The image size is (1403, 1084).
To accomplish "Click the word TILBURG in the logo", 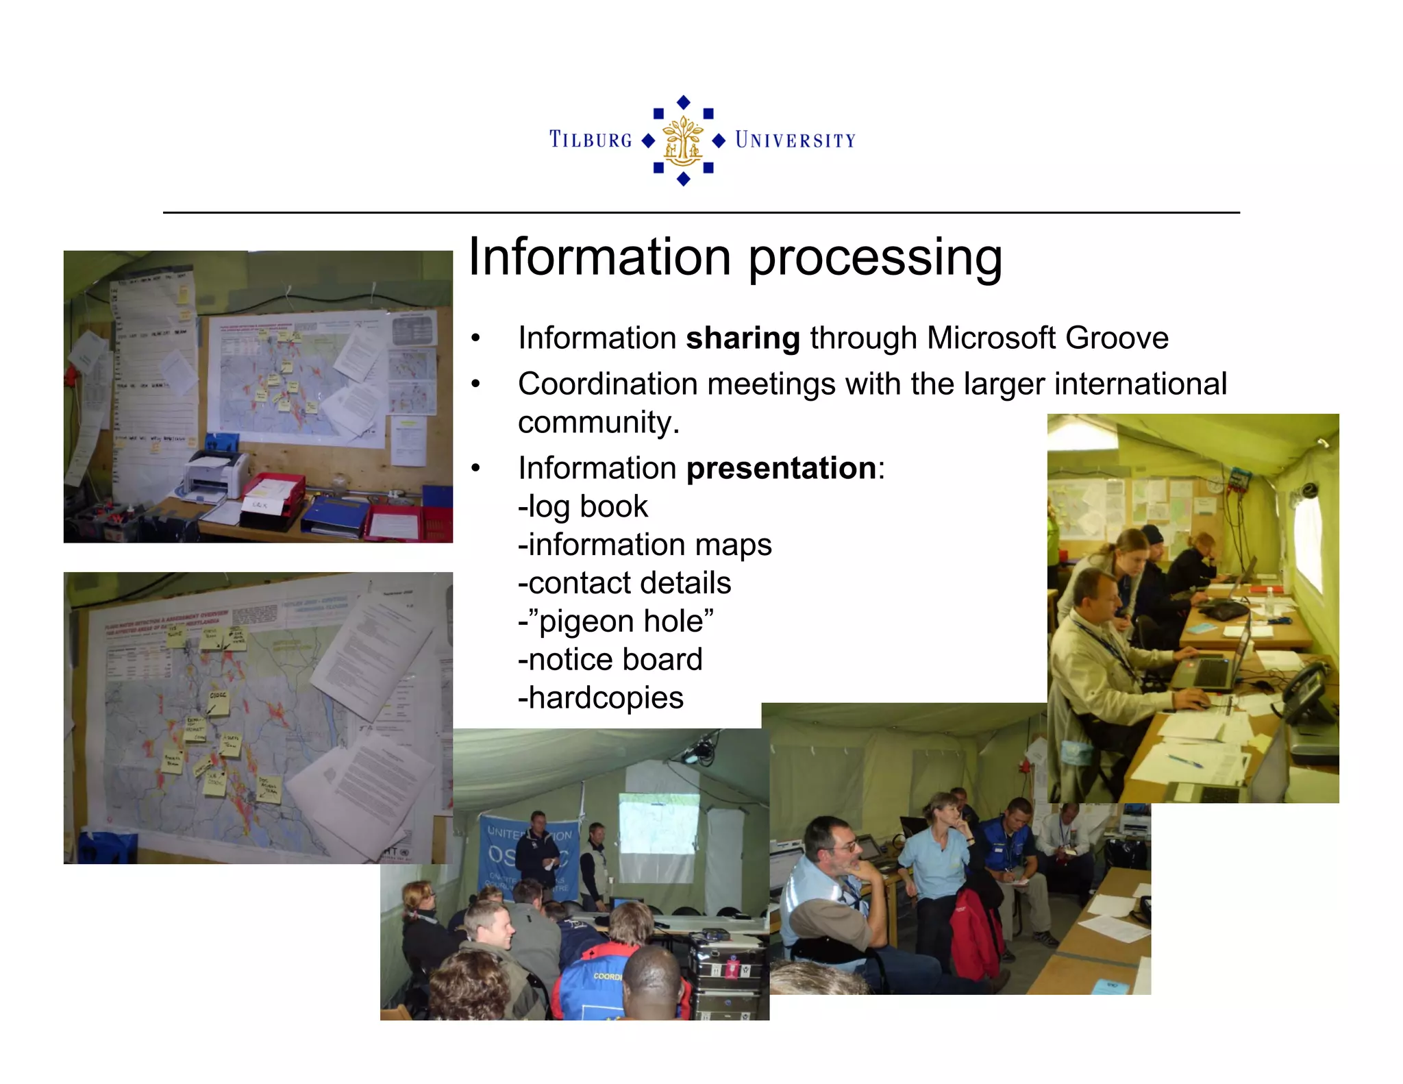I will click(x=591, y=140).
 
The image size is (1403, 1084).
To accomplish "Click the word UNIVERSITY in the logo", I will click(x=795, y=140).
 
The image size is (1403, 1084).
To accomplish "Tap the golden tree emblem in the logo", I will click(x=683, y=140).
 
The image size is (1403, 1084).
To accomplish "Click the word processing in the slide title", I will click(x=875, y=258).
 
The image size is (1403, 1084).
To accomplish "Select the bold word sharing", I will click(x=743, y=338).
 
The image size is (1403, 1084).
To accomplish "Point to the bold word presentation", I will click(x=780, y=469).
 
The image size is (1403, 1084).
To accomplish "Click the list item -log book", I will click(x=582, y=507).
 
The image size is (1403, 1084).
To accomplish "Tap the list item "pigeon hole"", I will click(x=615, y=621).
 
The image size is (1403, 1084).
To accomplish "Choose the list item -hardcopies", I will click(x=600, y=698).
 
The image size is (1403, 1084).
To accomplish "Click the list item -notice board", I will click(x=610, y=660).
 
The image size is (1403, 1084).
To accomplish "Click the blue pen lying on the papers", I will click(x=1185, y=760).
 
